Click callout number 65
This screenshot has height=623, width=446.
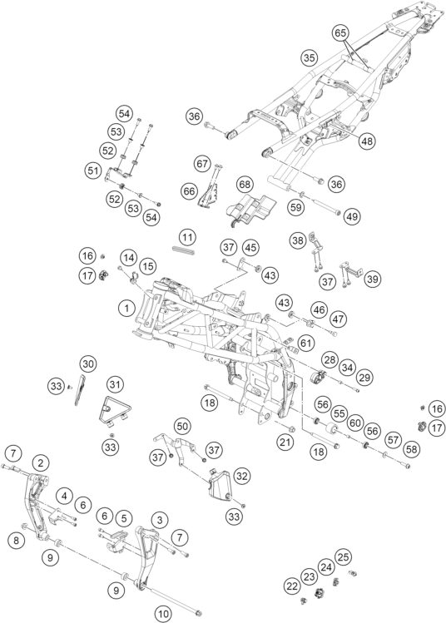[x=340, y=33]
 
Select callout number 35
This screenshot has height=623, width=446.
[x=309, y=57]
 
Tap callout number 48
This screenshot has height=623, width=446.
[x=367, y=141]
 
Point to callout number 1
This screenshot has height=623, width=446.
[x=126, y=308]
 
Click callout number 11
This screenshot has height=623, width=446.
[x=187, y=238]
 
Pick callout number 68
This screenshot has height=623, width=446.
[x=245, y=185]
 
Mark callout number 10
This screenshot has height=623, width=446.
[x=163, y=614]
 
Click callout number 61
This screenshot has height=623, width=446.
[x=305, y=343]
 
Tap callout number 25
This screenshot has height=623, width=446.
[x=343, y=556]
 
